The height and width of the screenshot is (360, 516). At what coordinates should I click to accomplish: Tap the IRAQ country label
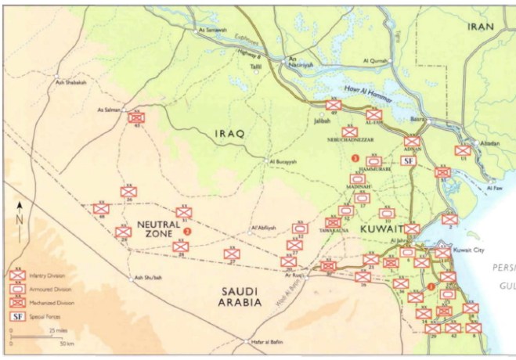231,134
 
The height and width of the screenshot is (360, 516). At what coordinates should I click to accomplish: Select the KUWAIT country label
381,229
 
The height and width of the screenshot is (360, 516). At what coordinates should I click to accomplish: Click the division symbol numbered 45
136,117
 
